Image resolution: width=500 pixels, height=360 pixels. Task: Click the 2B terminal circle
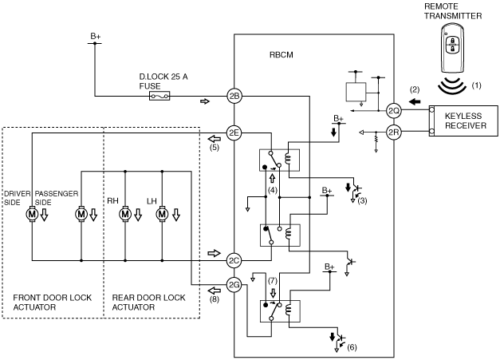234,96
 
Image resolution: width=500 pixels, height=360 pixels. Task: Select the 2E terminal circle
234,133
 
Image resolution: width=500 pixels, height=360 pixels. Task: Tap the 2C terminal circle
234,261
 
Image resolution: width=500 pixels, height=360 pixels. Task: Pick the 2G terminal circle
234,285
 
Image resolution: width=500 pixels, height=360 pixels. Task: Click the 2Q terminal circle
393,111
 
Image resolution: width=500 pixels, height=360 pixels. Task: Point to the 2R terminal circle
393,133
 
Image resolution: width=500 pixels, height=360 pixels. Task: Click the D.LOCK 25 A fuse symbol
159,96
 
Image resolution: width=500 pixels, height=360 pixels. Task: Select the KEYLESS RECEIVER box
463,121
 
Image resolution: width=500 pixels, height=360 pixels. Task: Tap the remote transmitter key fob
452,49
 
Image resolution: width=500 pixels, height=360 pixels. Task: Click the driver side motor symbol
32,214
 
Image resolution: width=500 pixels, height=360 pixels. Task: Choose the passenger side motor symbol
81,214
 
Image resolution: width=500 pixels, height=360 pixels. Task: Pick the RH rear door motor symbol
125,214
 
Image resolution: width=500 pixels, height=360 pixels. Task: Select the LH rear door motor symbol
162,214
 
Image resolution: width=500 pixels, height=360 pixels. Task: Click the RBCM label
281,55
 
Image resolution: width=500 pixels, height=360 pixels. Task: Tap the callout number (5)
215,148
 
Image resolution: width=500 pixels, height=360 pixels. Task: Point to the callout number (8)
215,299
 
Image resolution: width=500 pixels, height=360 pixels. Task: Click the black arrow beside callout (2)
415,102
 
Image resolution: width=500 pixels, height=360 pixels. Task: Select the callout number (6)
352,347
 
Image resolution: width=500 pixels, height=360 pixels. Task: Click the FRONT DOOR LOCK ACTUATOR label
53,303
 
